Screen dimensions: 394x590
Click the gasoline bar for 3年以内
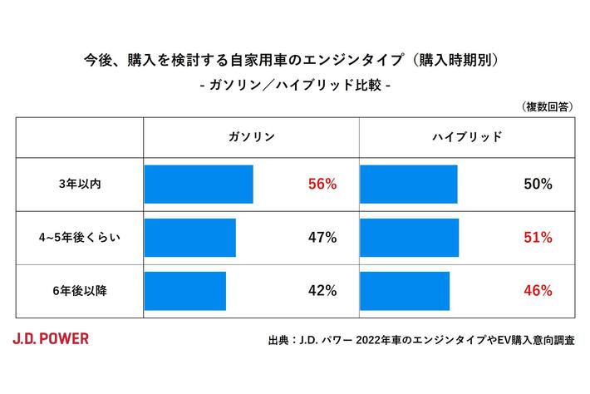coord(199,185)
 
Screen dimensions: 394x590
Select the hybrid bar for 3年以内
coord(408,185)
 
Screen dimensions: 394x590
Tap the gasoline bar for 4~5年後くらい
coord(190,238)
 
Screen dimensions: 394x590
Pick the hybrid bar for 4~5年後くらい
coord(409,238)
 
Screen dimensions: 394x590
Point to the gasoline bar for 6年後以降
coord(185,291)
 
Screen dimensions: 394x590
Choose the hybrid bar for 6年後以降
coord(405,291)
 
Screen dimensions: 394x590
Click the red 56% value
coord(322,185)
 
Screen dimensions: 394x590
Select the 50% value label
coord(538,185)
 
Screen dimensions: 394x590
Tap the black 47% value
coord(322,238)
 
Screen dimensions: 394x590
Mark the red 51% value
coord(538,238)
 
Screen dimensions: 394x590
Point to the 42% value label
coord(322,291)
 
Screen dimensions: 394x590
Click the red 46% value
coord(538,291)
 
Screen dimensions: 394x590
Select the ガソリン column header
coord(251,137)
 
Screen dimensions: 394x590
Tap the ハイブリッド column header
coord(469,137)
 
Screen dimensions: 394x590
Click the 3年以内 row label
coord(79,185)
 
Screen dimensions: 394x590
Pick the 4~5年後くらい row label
coord(79,238)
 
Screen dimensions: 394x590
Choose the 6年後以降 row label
coord(79,291)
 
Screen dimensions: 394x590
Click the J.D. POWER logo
coord(51,338)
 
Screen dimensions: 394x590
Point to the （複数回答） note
coord(546,106)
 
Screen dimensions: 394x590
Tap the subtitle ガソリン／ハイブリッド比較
coord(296,86)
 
